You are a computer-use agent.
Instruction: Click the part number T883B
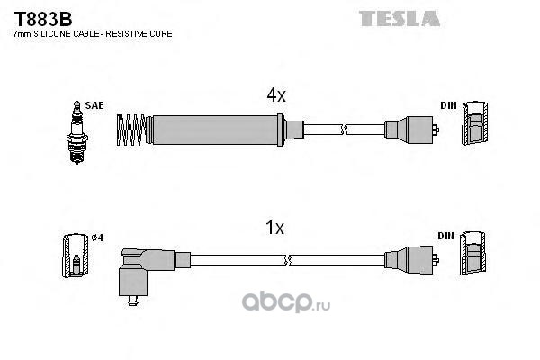(x=43, y=19)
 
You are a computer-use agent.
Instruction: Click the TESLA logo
(x=399, y=19)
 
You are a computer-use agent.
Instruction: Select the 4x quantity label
(x=276, y=94)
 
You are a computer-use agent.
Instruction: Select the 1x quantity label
(x=275, y=228)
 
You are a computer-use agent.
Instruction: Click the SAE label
(x=94, y=105)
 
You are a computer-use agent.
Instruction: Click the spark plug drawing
(x=77, y=132)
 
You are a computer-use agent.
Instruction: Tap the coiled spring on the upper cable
(x=131, y=130)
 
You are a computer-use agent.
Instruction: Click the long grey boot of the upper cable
(x=215, y=130)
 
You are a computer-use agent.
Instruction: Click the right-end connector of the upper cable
(x=411, y=130)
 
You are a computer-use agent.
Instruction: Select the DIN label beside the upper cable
(x=448, y=105)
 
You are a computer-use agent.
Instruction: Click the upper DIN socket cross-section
(x=475, y=123)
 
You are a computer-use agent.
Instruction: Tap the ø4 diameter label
(x=97, y=238)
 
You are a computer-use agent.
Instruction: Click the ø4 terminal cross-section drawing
(x=76, y=256)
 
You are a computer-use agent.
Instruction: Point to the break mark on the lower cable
(x=287, y=260)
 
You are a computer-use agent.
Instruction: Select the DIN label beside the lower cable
(x=446, y=236)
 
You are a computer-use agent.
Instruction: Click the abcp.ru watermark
(x=286, y=301)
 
